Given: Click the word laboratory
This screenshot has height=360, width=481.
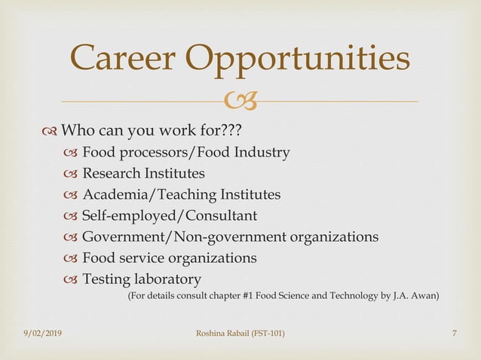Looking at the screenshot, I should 167,279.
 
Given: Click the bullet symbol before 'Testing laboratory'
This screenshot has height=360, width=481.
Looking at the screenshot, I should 71,280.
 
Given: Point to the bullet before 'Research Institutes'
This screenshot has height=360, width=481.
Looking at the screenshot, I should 71,174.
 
